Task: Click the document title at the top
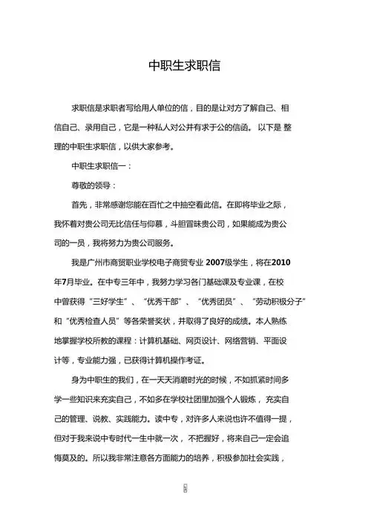click(x=185, y=65)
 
